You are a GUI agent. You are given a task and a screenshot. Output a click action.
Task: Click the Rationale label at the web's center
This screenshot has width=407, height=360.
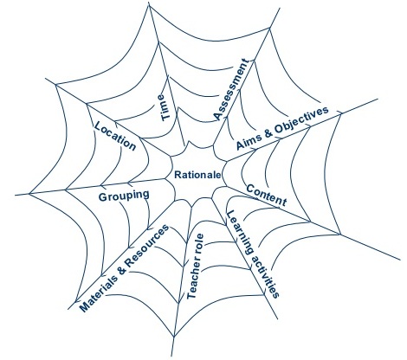point(197,175)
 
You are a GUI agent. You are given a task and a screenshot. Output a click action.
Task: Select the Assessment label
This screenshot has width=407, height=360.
point(231,89)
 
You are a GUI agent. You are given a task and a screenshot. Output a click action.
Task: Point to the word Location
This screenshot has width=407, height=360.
point(115,136)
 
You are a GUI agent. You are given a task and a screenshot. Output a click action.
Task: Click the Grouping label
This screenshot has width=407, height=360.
point(124,196)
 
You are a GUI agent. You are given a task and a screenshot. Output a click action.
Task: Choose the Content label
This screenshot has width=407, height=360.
point(267,196)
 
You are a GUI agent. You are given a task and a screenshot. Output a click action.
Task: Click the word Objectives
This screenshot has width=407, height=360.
point(301,121)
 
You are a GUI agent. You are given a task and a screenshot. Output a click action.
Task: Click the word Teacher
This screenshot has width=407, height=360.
point(193,280)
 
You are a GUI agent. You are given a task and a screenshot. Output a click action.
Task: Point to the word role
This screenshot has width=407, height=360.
point(199,245)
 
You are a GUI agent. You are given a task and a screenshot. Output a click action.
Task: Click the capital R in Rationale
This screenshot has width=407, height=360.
point(178,175)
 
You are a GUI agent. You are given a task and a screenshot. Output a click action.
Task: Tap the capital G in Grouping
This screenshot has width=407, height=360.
point(102,197)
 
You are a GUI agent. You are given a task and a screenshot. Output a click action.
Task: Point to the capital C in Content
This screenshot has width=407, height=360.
point(250,189)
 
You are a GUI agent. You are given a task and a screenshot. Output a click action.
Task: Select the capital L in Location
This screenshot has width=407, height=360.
point(98,125)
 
